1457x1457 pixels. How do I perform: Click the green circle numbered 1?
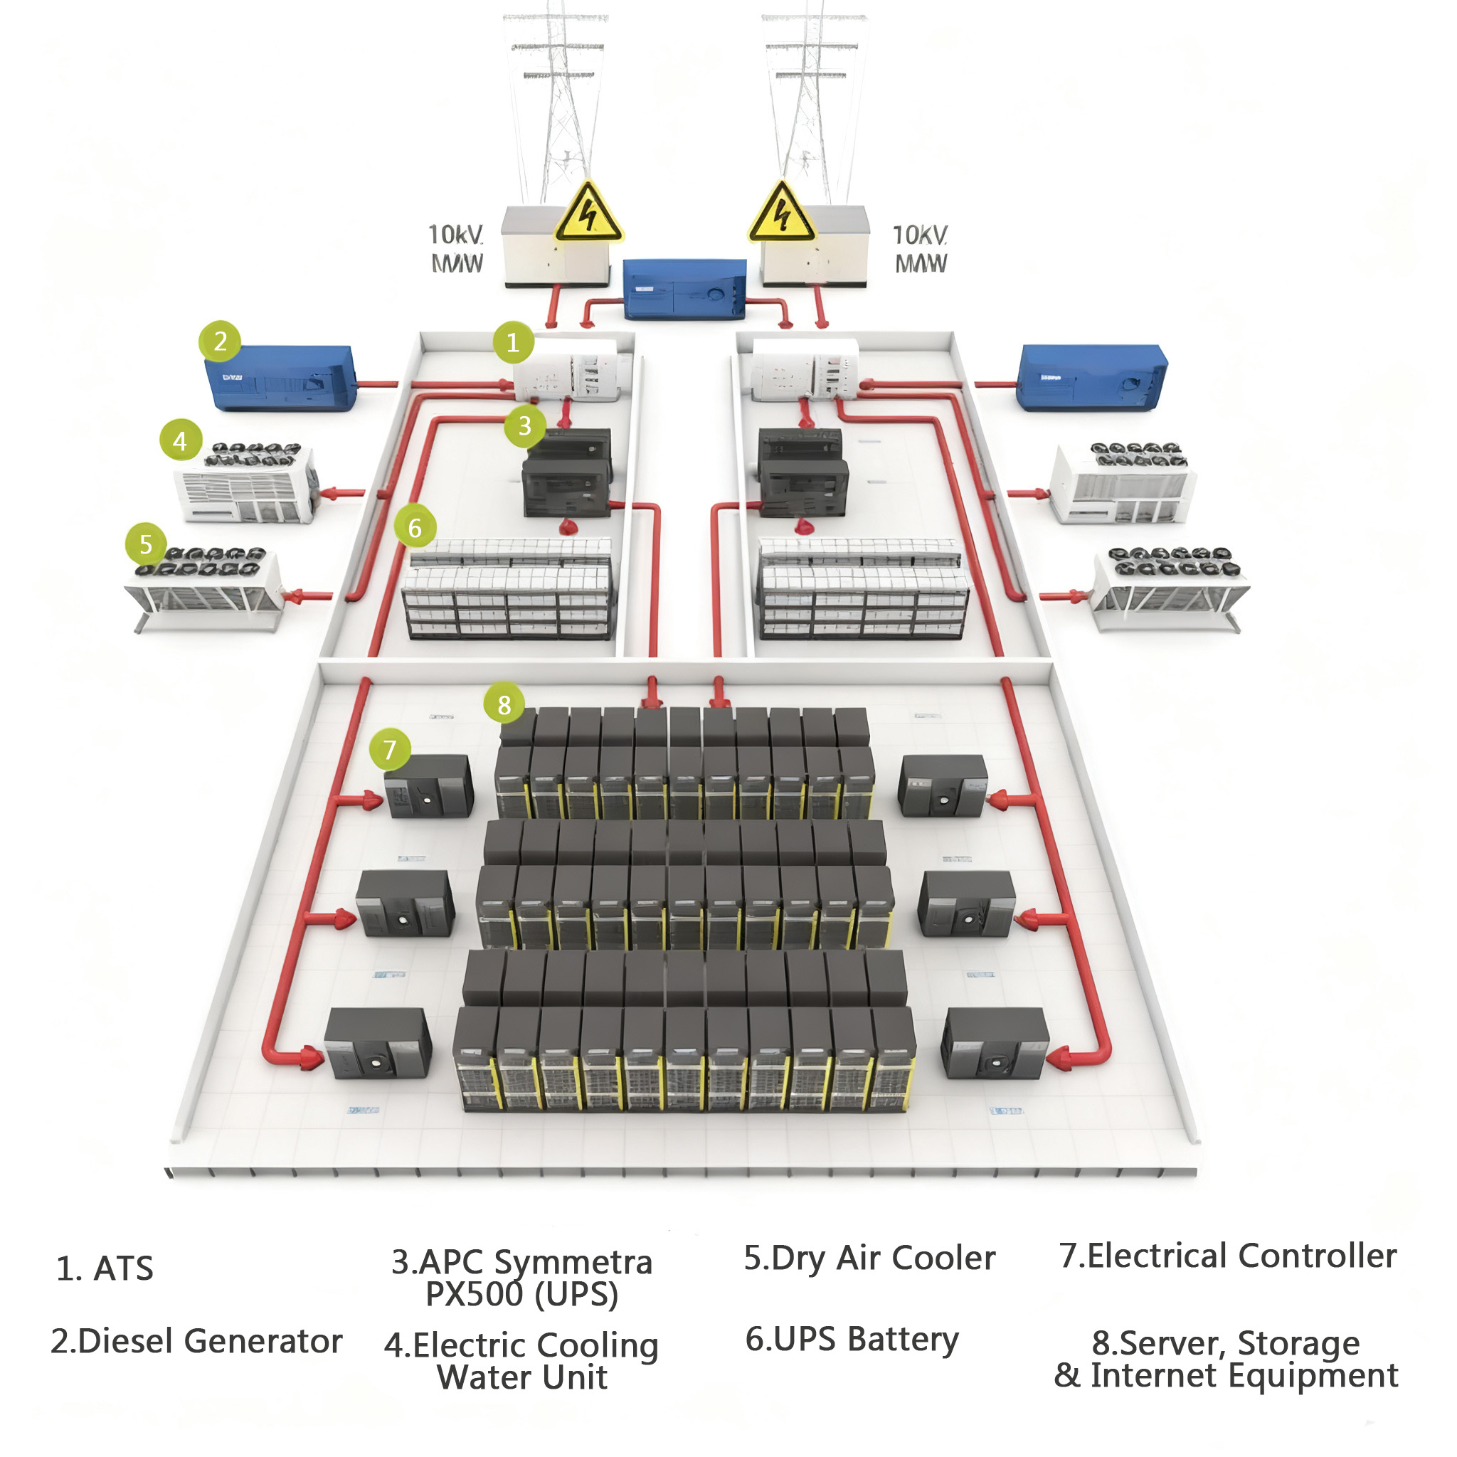513,343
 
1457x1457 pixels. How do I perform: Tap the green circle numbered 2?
219,341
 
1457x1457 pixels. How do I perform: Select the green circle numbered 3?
525,426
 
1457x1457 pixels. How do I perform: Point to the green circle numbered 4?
179,441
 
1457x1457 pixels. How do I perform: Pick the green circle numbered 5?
147,544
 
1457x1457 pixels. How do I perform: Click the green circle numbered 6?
415,528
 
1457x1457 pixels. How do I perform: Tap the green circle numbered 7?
389,750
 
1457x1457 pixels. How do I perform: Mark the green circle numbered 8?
504,705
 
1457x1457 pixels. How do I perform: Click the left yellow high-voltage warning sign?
588,215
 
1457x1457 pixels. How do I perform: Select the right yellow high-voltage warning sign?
782,215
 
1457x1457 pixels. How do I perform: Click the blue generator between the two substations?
684,290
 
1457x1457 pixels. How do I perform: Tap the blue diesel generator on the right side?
1091,378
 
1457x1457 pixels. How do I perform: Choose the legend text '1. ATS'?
105,1269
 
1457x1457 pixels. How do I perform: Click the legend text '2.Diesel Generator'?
196,1342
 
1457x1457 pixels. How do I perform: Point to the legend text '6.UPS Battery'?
852,1340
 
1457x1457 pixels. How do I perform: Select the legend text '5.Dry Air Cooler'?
869,1259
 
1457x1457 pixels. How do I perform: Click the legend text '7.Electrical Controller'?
1227,1256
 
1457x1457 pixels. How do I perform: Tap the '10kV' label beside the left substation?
455,235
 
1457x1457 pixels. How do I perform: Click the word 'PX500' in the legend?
475,1295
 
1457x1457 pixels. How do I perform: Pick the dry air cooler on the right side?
1169,588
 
